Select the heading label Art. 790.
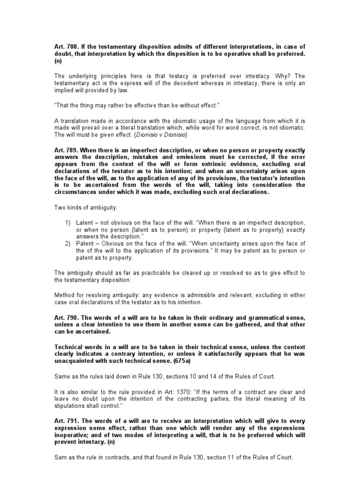pyautogui.click(x=65, y=317)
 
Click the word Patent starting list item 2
pyautogui.click(x=86, y=243)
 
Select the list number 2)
pyautogui.click(x=68, y=243)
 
